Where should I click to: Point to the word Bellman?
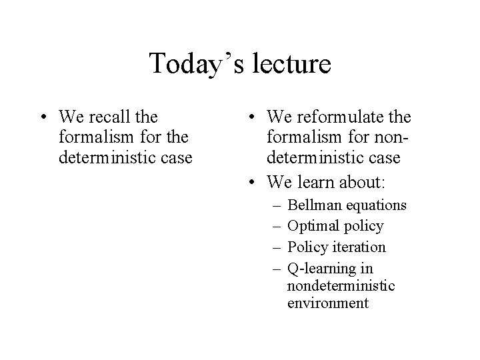312,204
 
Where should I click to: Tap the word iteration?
361,247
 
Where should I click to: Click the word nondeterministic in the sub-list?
341,286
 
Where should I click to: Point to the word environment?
327,303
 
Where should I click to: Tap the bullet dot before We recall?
43,118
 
